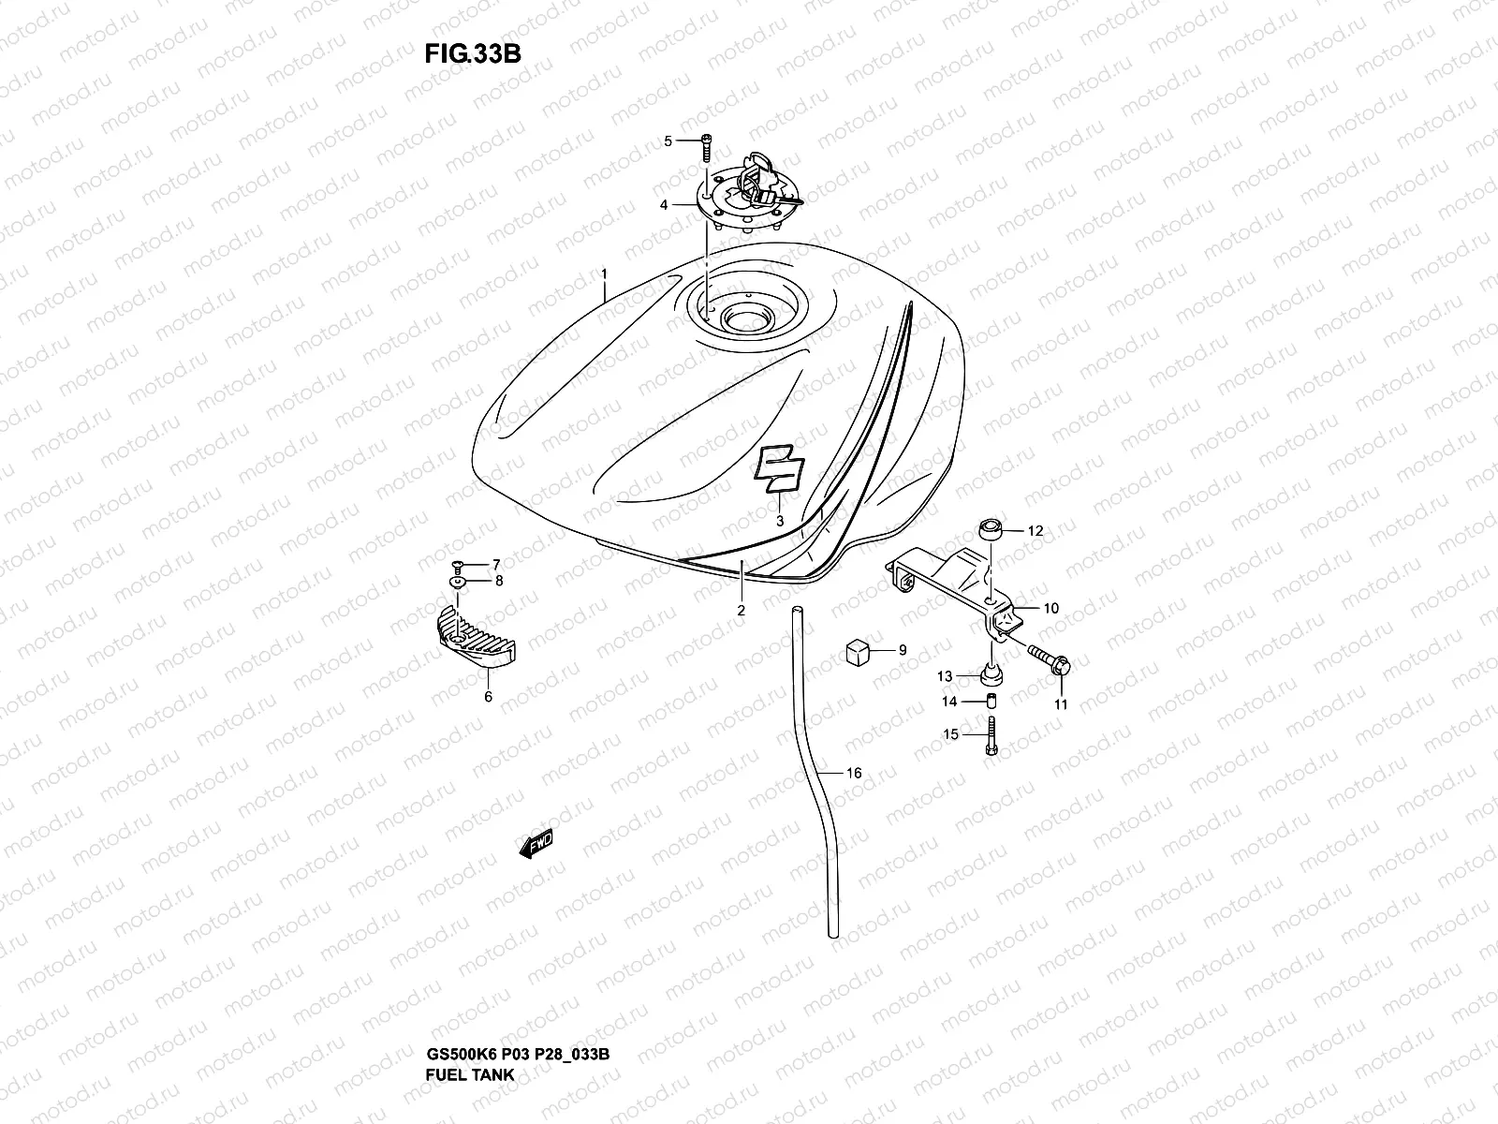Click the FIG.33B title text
click(472, 53)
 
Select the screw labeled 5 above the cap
click(705, 145)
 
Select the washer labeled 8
click(459, 582)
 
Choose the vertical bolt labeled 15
click(991, 734)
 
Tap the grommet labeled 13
click(991, 675)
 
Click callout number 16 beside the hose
click(853, 774)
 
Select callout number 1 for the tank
click(605, 274)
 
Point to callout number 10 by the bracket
click(1050, 609)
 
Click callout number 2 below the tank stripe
click(741, 611)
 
